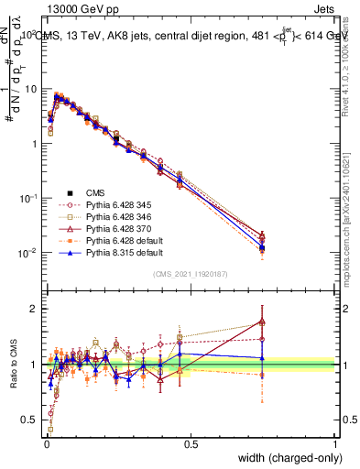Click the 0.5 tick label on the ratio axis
point(31,420)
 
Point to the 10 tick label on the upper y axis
point(29,89)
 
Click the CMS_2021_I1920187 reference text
point(191,274)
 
